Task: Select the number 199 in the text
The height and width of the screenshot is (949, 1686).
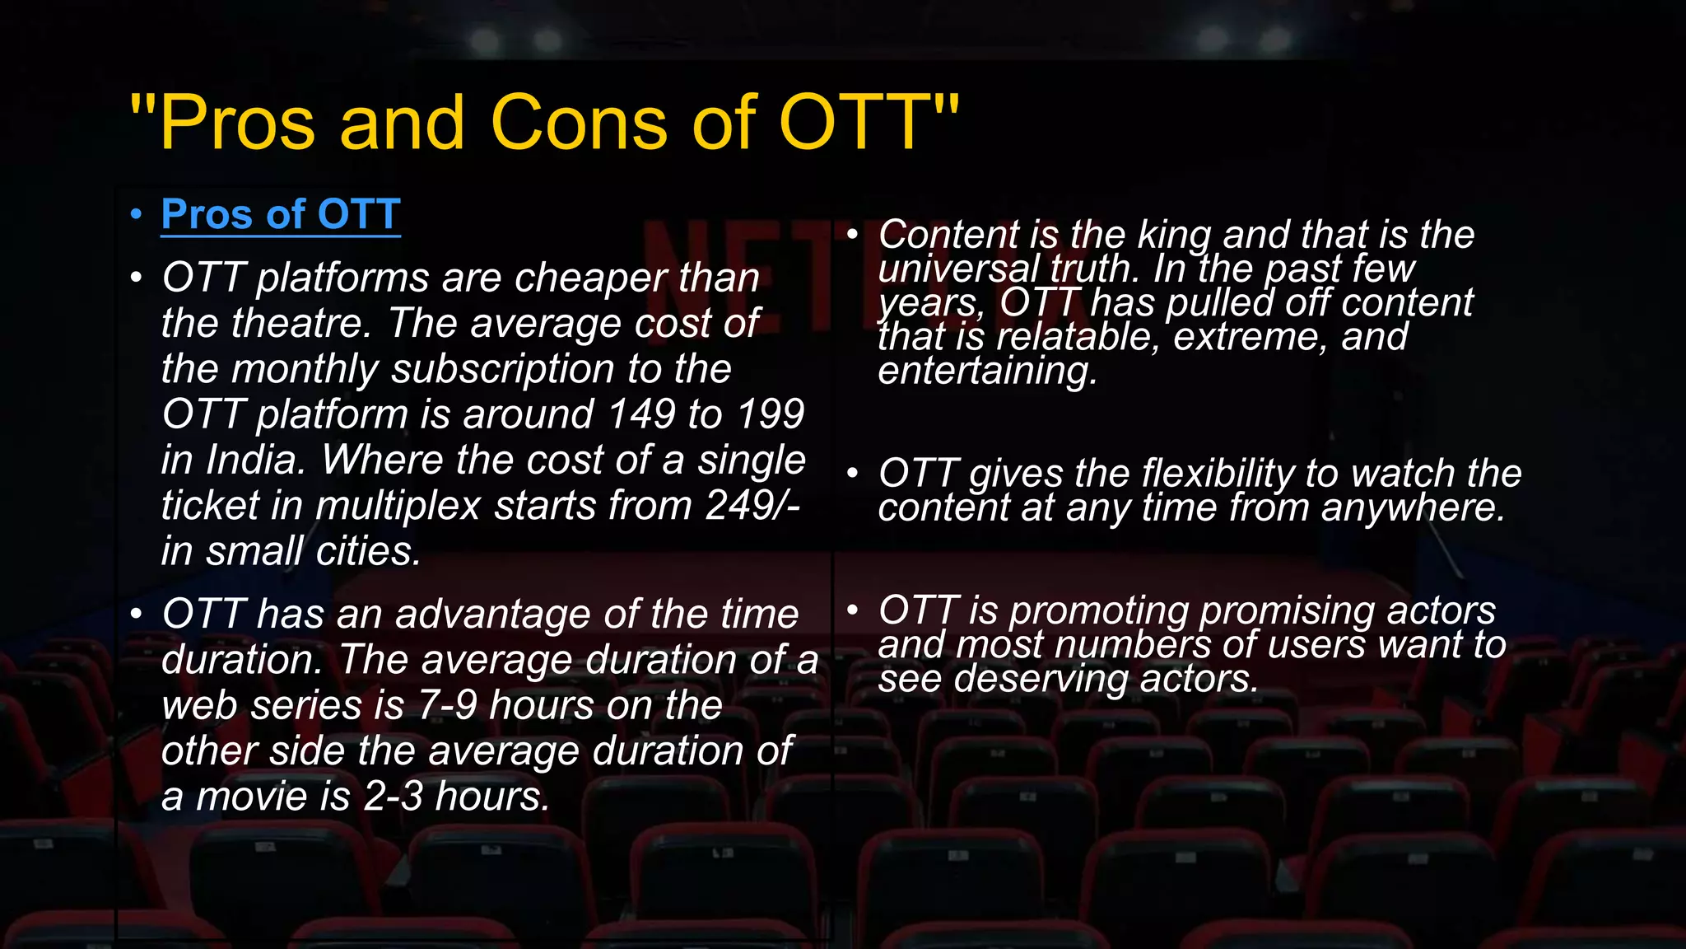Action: (770, 414)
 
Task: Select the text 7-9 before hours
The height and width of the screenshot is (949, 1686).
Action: (447, 705)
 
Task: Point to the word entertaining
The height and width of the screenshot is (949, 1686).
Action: (987, 372)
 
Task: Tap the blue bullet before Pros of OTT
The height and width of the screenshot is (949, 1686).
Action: (137, 215)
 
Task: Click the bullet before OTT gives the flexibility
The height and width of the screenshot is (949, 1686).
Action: (853, 474)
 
